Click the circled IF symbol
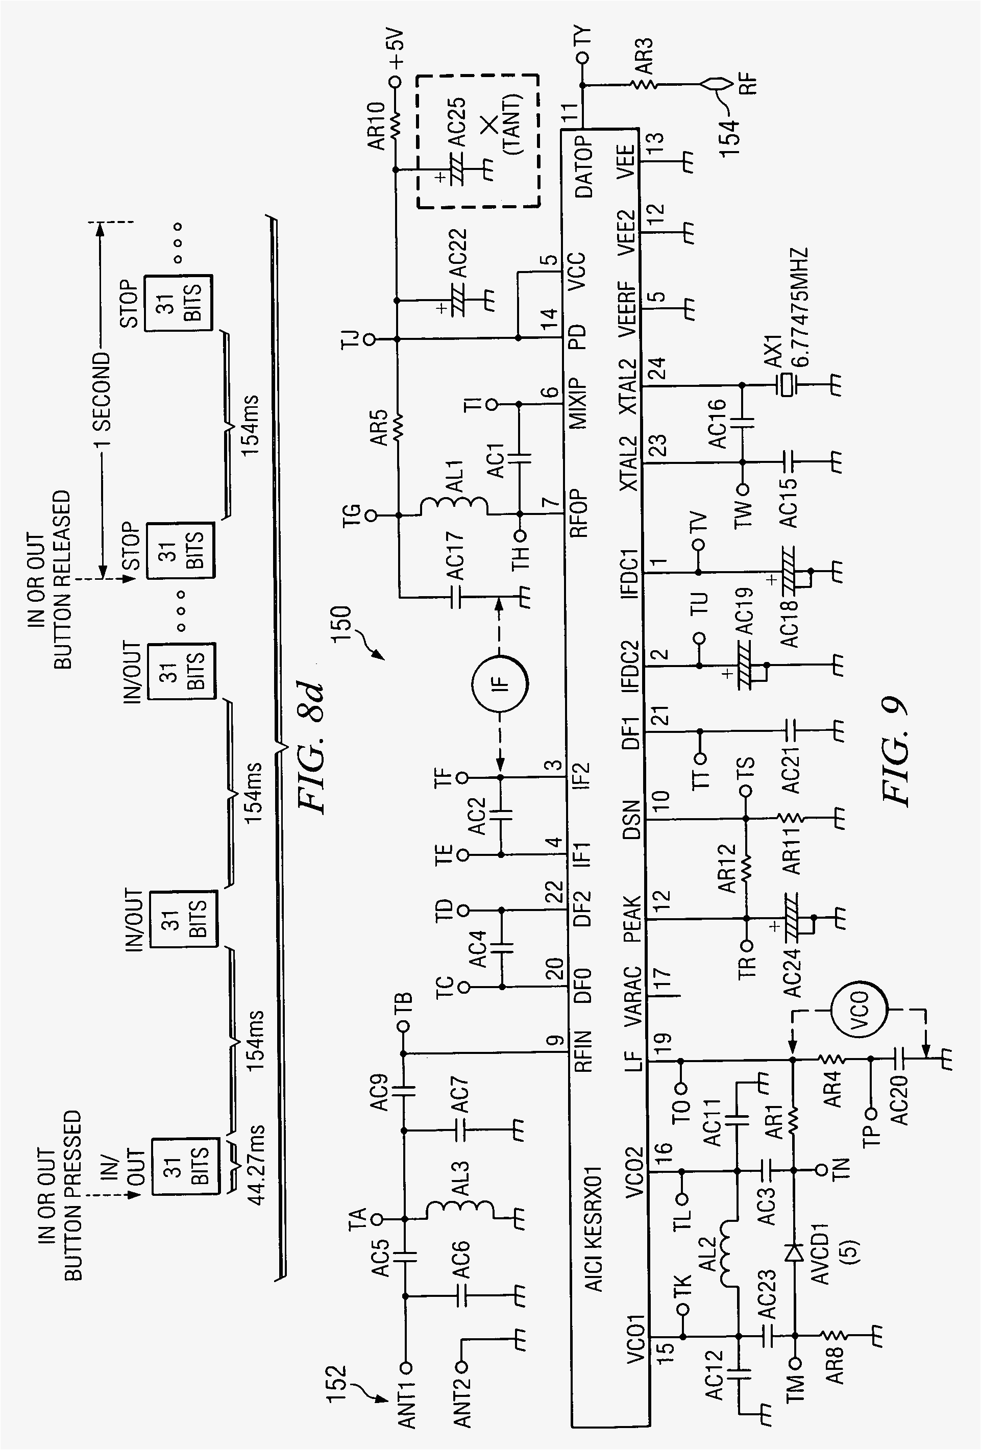coord(499,681)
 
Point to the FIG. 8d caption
coord(312,749)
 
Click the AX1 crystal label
coord(773,351)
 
